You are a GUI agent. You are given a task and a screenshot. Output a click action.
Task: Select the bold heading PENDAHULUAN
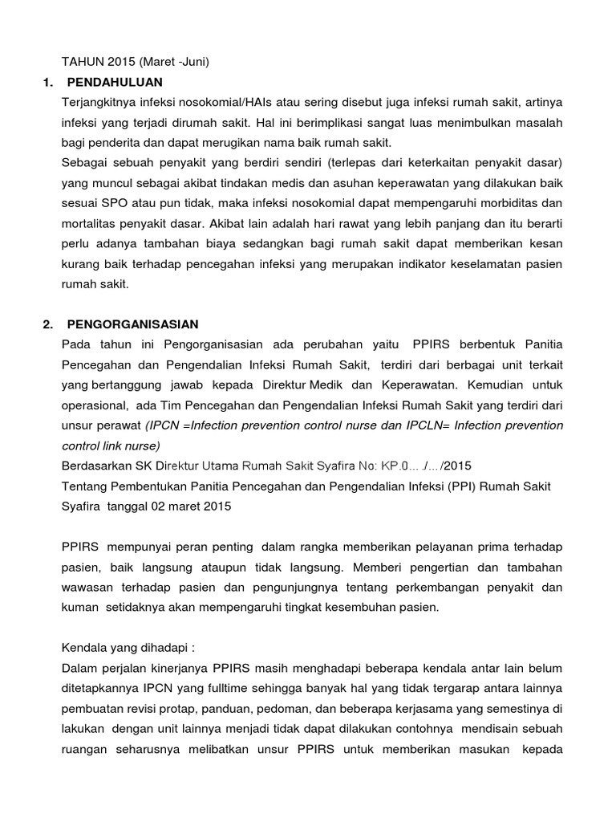coord(115,82)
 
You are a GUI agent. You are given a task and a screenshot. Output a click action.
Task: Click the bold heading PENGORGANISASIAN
coord(132,324)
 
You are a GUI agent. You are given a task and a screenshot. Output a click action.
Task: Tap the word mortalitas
coord(90,224)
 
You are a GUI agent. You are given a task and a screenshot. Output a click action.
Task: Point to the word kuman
coord(78,608)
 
